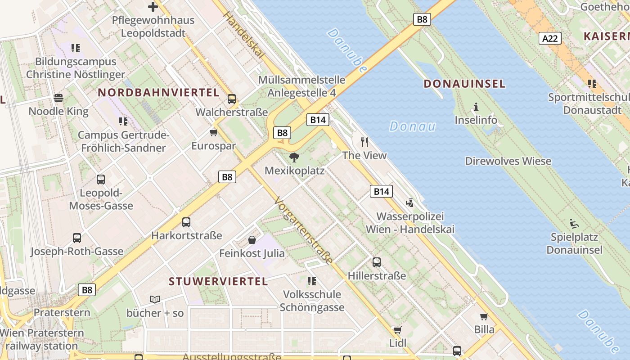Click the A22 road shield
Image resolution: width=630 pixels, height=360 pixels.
[550, 39]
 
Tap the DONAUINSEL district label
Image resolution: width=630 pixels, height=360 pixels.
[464, 84]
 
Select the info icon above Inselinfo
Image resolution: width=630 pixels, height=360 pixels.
[476, 107]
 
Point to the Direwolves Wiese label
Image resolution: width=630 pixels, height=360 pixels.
[508, 161]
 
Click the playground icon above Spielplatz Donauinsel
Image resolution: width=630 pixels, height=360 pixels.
[574, 223]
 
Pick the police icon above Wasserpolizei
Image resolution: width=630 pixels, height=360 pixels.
[409, 203]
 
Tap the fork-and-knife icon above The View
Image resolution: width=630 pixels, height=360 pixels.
[364, 142]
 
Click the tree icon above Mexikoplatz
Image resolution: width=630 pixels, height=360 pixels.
[294, 157]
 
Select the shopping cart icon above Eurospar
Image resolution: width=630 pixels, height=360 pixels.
[214, 132]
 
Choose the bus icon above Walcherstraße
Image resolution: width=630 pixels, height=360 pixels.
[232, 99]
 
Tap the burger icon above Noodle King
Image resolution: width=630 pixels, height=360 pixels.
[58, 97]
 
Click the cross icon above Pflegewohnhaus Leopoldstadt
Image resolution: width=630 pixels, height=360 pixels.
[153, 7]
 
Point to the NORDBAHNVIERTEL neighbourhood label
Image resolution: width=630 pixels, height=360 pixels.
[158, 93]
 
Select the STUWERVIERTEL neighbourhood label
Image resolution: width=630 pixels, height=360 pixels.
[218, 282]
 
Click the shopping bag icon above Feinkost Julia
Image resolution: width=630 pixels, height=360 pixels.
[252, 240]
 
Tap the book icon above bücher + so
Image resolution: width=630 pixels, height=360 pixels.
[155, 299]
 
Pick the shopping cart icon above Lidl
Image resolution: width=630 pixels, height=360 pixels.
[397, 330]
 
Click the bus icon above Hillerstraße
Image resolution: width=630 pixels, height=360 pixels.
[377, 262]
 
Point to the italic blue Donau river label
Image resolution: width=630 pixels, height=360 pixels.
[412, 126]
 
